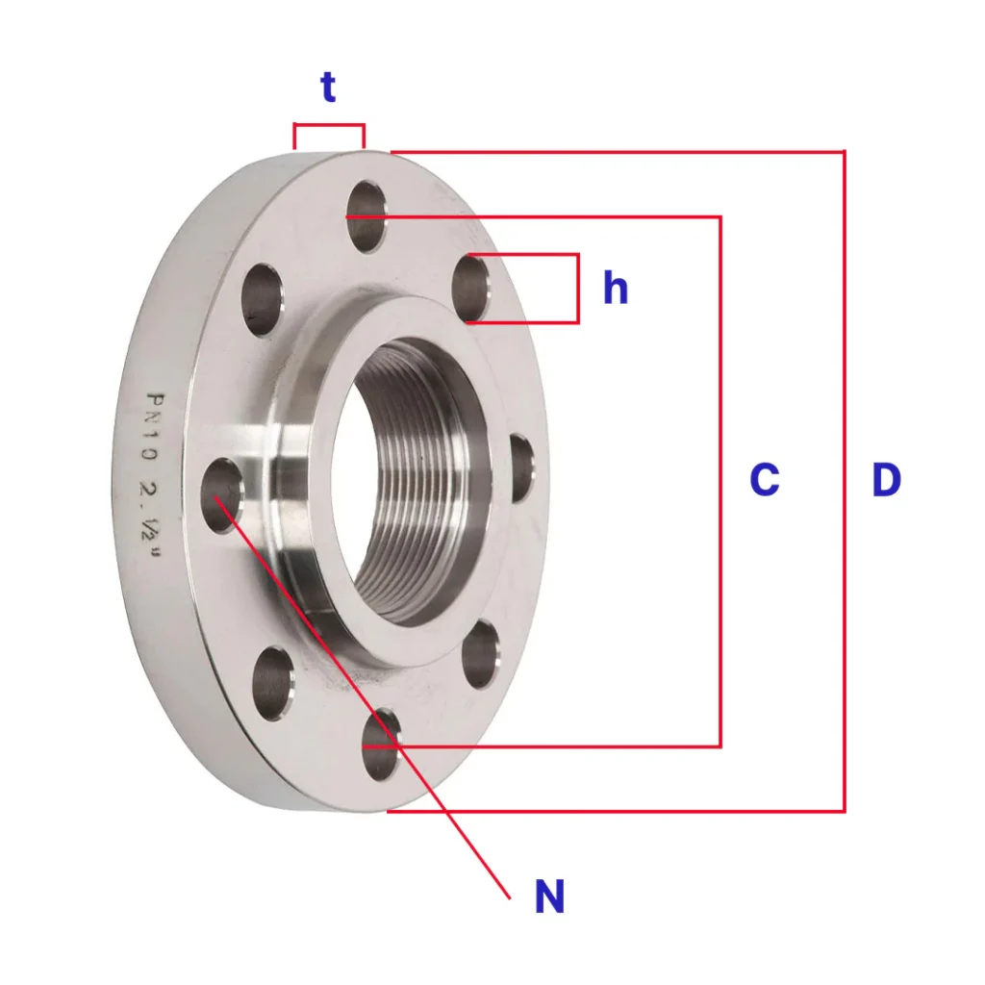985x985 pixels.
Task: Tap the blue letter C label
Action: point(765,479)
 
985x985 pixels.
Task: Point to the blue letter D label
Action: point(886,479)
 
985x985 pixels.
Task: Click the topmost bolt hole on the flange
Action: point(366,216)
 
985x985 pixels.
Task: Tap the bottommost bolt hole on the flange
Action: point(382,745)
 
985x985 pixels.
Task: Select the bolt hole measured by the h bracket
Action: point(471,289)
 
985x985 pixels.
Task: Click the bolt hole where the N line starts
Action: point(222,495)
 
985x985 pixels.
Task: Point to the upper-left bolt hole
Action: point(263,300)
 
